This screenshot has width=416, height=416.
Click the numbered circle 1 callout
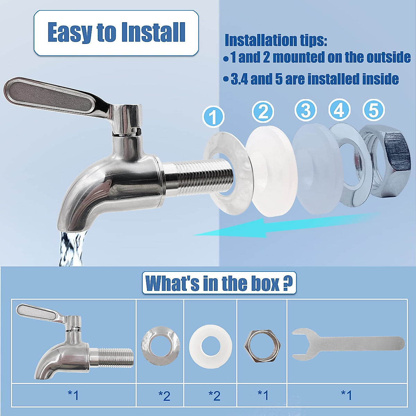[x=213, y=117]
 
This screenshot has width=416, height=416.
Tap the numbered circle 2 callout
[x=263, y=112]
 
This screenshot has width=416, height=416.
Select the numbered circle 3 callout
[x=305, y=111]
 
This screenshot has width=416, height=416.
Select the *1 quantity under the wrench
[x=346, y=395]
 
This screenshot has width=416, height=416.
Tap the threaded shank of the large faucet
[x=198, y=177]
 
